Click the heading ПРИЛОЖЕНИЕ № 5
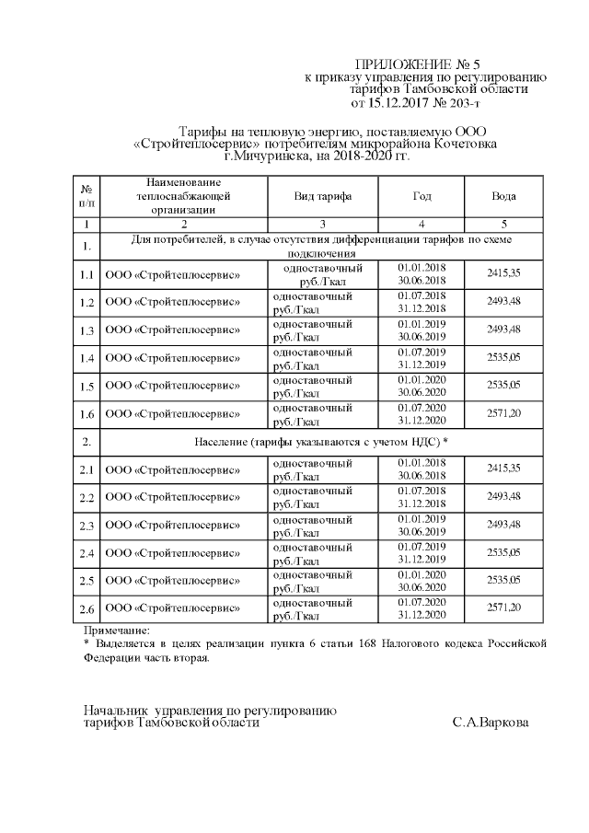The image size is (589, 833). point(417,64)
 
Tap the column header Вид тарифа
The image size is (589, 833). point(322,196)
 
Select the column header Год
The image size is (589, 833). point(422,196)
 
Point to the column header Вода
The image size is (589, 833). point(503,196)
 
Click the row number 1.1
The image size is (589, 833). point(86,275)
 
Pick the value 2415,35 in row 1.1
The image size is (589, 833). point(503,274)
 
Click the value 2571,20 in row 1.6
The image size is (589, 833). point(503,414)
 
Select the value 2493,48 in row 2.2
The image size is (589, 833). point(503,498)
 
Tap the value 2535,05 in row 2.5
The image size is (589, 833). point(503,581)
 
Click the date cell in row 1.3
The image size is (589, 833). point(422,330)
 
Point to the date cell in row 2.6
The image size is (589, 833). point(422,608)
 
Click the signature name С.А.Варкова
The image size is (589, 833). point(491,723)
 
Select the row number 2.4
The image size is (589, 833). point(86,553)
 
